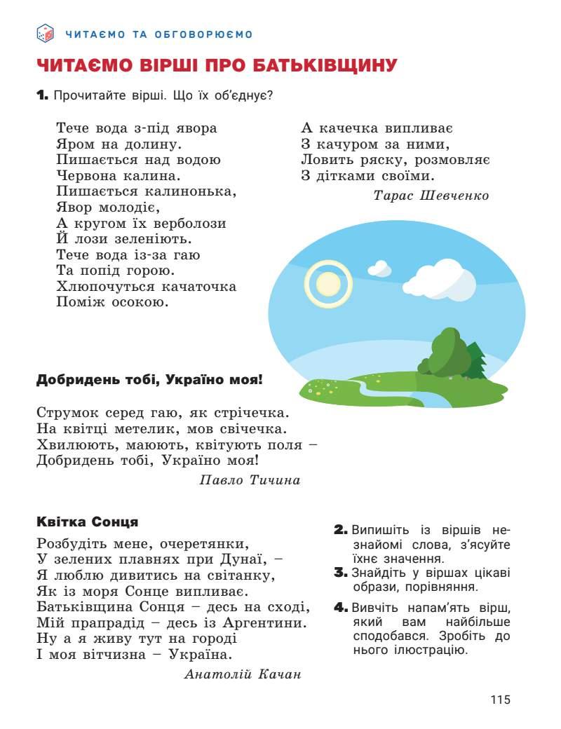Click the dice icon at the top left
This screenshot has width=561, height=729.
[x=45, y=32]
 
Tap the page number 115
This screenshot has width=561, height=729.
[x=501, y=700]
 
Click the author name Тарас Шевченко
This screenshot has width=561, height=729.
[x=431, y=196]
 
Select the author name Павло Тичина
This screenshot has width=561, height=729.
[x=250, y=480]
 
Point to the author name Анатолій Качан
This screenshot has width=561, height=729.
[x=243, y=674]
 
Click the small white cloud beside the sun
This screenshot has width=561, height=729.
[x=379, y=268]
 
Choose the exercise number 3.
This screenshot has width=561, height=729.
[x=341, y=573]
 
